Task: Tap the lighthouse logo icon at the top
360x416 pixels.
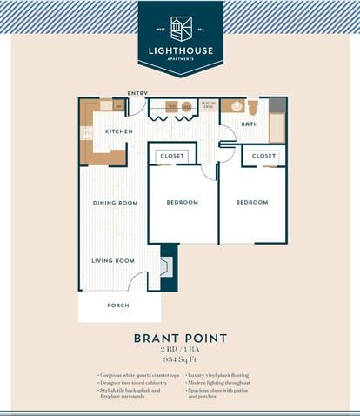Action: point(181,29)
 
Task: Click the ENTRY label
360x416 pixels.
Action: point(137,93)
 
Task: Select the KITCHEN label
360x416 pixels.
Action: point(119,131)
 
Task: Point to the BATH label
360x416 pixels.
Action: point(249,124)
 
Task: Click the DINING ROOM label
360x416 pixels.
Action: point(116,203)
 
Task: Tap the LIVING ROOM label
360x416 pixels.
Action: point(114,260)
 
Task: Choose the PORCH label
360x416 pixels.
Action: point(117,305)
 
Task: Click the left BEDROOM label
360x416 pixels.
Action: point(183,202)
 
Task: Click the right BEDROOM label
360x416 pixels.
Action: point(252,202)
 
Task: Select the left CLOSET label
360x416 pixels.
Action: point(172,156)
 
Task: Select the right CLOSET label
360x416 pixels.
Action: point(263,156)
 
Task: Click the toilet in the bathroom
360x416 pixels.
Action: point(253,108)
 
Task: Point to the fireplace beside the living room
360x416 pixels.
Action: point(168,266)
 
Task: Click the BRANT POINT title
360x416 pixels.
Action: point(180,339)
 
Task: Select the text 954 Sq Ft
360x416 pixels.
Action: point(180,359)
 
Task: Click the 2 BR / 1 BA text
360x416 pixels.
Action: point(180,349)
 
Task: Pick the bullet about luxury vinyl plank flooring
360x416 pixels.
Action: point(220,374)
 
